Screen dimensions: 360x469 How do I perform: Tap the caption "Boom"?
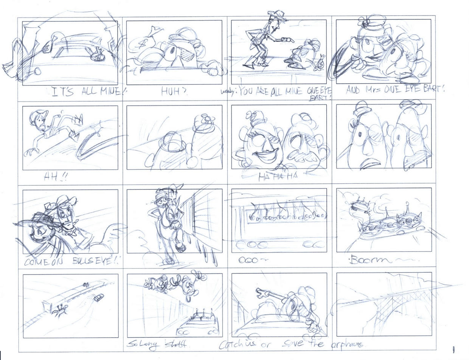pyautogui.click(x=367, y=261)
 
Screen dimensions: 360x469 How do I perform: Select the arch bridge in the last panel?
pyautogui.click(x=382, y=303)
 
